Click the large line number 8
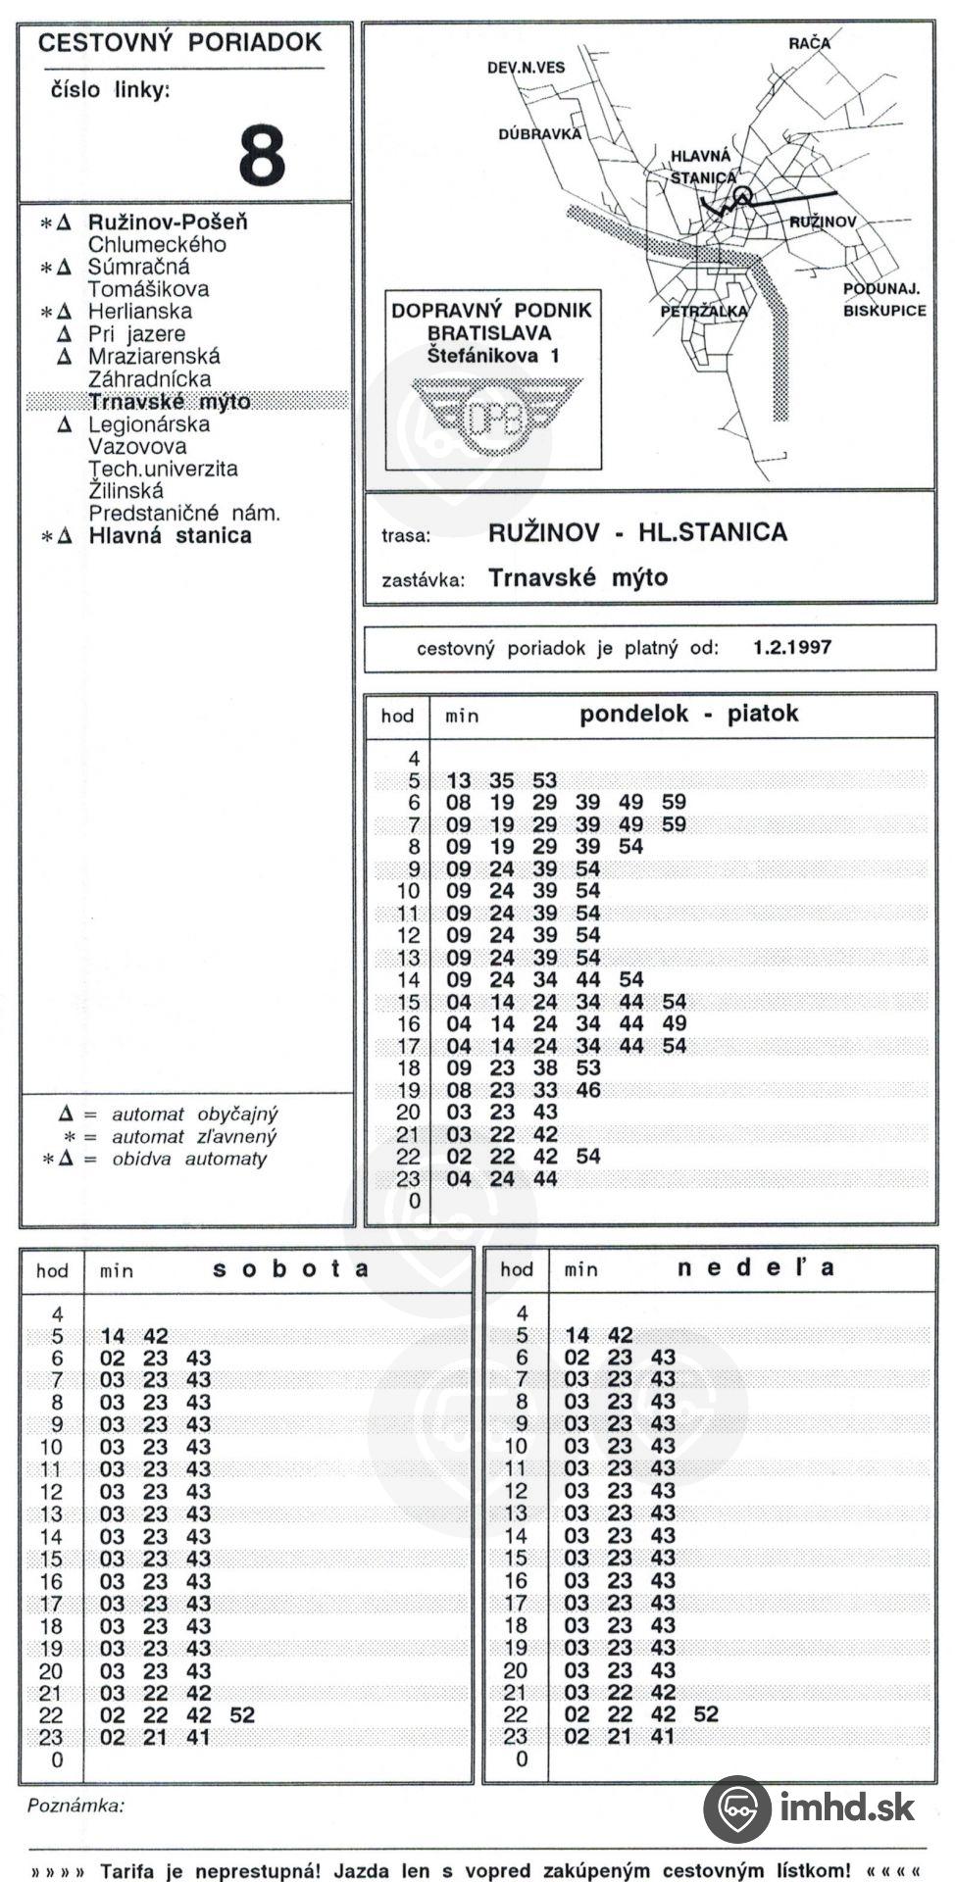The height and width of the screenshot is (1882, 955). click(262, 155)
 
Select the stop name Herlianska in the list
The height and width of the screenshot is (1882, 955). click(140, 312)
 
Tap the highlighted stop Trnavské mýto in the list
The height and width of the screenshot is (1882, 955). click(170, 402)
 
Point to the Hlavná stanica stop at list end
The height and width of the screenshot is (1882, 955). click(170, 536)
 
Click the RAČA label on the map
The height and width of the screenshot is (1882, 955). click(809, 43)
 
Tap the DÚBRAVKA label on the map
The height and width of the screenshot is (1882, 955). click(539, 134)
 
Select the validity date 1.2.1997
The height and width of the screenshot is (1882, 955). click(792, 648)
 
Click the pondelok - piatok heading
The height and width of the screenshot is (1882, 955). click(688, 714)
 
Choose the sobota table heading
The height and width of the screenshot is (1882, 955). click(291, 1268)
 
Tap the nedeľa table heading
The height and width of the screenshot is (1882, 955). click(756, 1268)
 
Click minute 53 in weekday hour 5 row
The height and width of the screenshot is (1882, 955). click(545, 781)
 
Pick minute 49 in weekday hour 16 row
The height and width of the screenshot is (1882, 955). click(674, 1024)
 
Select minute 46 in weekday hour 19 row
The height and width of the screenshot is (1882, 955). click(588, 1090)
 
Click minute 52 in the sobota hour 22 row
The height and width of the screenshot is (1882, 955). click(241, 1715)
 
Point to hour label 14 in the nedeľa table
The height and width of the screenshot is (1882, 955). click(516, 1536)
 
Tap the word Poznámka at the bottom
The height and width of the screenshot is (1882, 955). click(75, 1806)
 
